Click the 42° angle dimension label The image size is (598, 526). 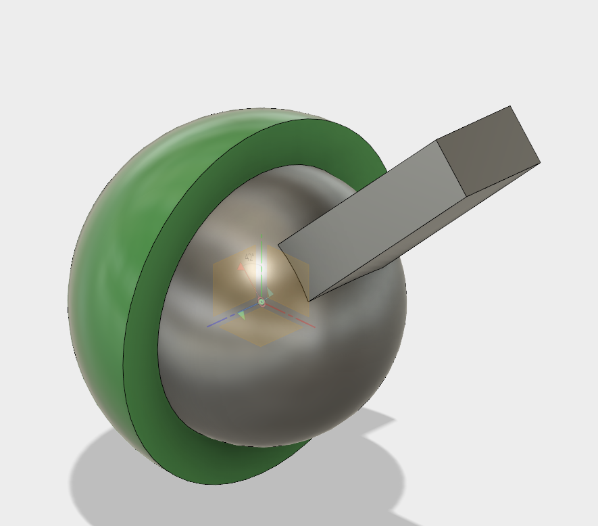[x=249, y=258]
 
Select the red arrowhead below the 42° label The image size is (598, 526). [x=241, y=268]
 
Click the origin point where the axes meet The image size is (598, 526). [x=261, y=302]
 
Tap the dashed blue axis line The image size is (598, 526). [x=223, y=320]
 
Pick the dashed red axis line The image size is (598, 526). [x=297, y=319]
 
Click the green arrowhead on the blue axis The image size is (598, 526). [x=242, y=315]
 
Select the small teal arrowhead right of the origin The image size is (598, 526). [x=270, y=293]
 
